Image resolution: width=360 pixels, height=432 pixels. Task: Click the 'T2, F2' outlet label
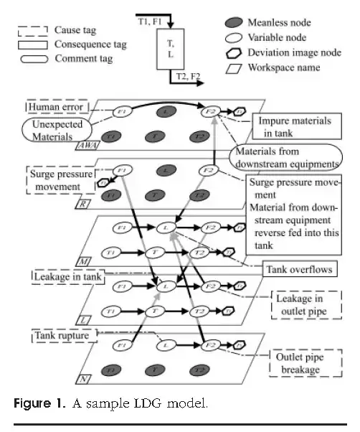coord(192,74)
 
